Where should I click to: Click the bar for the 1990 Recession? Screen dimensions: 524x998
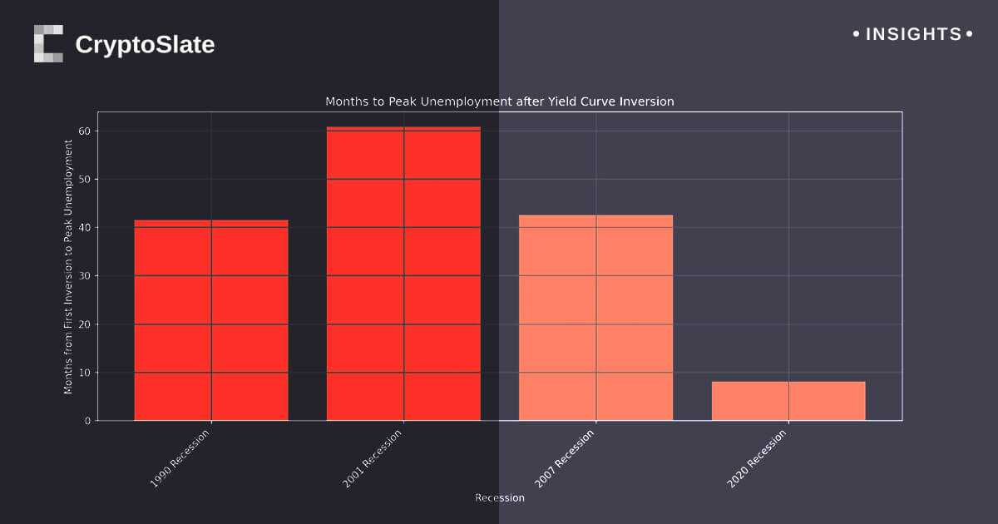[x=211, y=320]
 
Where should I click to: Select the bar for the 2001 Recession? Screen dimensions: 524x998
[x=403, y=274]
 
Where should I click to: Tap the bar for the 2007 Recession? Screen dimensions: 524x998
[x=595, y=318]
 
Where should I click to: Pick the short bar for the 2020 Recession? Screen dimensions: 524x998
[x=788, y=401]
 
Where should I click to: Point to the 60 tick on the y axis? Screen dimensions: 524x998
[x=85, y=131]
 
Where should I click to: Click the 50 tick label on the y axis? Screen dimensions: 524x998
[x=85, y=180]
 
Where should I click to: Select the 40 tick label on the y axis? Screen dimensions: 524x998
[x=85, y=228]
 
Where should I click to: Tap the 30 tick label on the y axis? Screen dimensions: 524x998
[x=85, y=276]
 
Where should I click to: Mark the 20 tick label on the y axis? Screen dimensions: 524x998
[x=85, y=324]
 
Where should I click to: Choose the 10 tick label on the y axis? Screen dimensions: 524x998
[x=85, y=373]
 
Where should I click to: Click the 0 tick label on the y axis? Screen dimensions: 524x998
[x=87, y=421]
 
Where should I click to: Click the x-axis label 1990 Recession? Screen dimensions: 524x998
[x=180, y=458]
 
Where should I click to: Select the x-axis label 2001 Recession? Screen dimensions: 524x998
[x=372, y=458]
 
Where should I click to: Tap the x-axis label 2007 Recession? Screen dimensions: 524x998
[x=565, y=458]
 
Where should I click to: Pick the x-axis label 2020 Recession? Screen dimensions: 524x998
[x=757, y=458]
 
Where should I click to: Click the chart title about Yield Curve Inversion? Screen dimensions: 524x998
[x=499, y=101]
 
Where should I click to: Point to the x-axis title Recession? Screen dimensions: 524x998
[x=500, y=498]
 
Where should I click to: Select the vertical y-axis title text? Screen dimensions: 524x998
[x=68, y=266]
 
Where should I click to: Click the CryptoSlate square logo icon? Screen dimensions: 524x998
[x=48, y=43]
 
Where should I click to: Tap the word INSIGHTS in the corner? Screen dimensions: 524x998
[x=913, y=34]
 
